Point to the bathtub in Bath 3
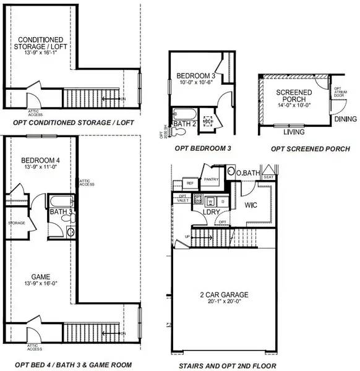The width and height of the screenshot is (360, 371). [59, 202]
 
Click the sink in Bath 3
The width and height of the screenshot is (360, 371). [70, 231]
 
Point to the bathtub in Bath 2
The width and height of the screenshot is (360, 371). [184, 114]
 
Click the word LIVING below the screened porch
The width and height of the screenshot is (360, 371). [294, 132]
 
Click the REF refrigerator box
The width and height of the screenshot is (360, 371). [191, 183]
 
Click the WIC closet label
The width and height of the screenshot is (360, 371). [251, 203]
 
